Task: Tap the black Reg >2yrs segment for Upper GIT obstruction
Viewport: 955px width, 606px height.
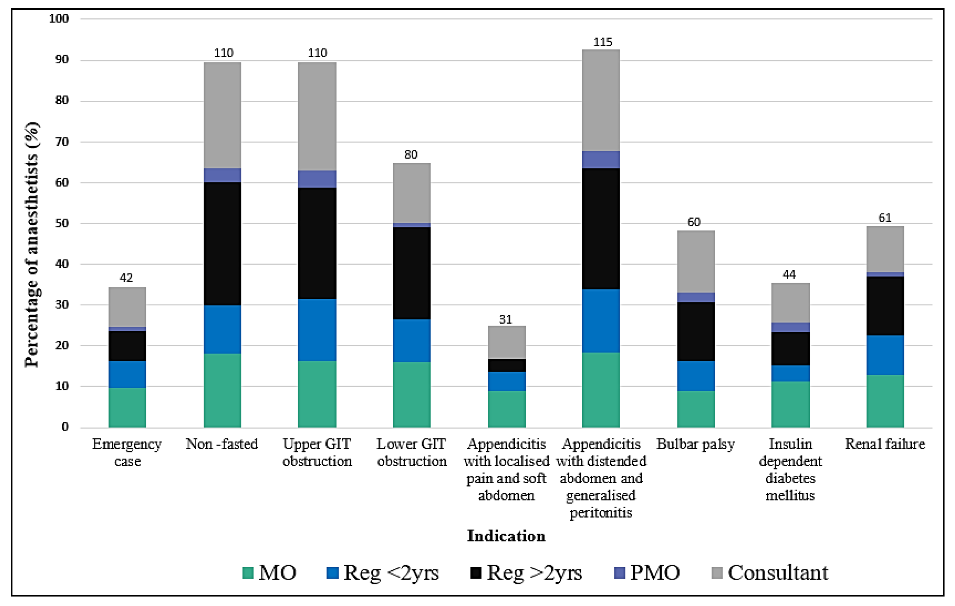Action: [317, 243]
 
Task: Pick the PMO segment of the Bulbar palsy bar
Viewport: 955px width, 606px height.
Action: [696, 297]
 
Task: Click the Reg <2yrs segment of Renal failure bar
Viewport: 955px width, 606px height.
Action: [885, 355]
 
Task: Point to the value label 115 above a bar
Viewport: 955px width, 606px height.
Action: [602, 42]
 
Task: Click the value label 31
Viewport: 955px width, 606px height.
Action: [505, 319]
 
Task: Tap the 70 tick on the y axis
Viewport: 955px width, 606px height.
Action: [62, 142]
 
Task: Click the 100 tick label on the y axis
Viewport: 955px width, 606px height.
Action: [59, 19]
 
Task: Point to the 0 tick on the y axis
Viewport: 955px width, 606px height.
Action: [65, 427]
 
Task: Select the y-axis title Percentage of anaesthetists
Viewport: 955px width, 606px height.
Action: [32, 245]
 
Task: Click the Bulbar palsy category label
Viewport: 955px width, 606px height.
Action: [696, 444]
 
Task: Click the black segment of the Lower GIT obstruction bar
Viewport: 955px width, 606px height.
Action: [411, 273]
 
